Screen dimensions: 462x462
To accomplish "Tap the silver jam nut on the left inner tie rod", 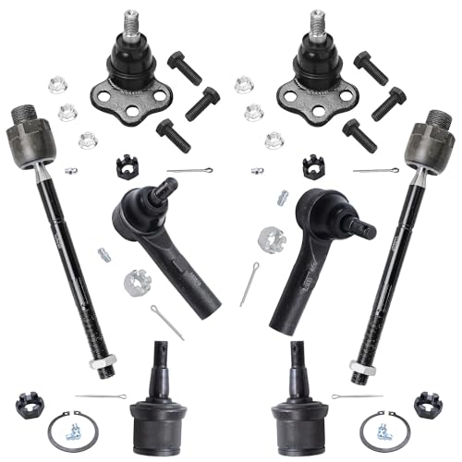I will [x=99, y=365].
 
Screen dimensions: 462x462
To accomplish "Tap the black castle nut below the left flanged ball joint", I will [x=126, y=166].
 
